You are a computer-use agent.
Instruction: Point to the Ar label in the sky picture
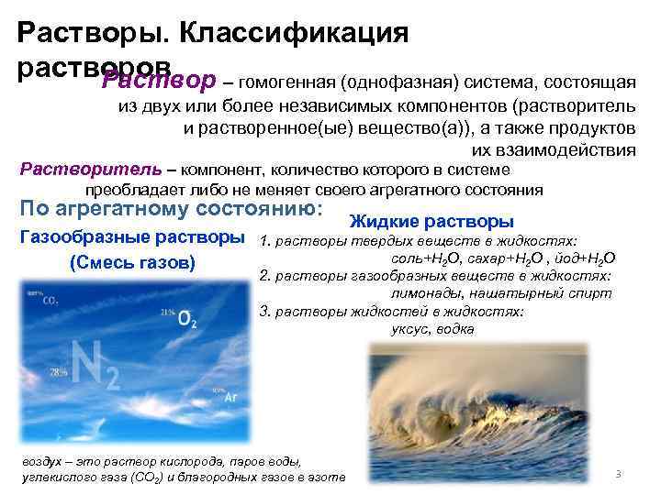coord(230,398)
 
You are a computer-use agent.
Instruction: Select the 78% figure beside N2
coord(59,372)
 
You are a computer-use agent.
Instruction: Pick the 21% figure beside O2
coord(167,313)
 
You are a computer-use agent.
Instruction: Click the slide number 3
coord(619,474)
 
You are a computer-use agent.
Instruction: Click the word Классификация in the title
coord(294,33)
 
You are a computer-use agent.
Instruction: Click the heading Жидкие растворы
coord(431,222)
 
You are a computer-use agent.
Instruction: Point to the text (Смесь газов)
coord(132,264)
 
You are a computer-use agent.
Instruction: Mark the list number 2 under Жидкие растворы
coord(264,276)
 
